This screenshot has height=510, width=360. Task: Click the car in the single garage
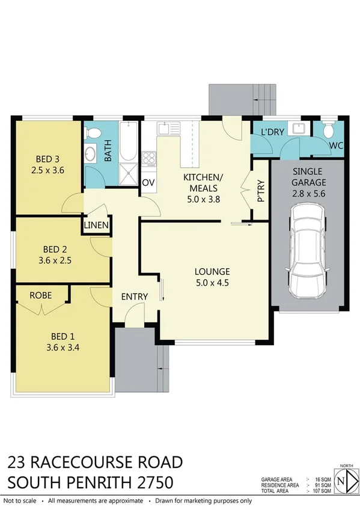click(307, 252)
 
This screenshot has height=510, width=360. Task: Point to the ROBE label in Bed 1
click(40, 295)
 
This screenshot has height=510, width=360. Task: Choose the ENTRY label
click(134, 297)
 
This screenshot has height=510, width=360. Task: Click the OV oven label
click(148, 183)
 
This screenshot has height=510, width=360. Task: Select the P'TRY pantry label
click(260, 192)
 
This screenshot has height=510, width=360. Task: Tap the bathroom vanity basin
click(91, 153)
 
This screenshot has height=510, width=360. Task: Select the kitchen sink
click(165, 127)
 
